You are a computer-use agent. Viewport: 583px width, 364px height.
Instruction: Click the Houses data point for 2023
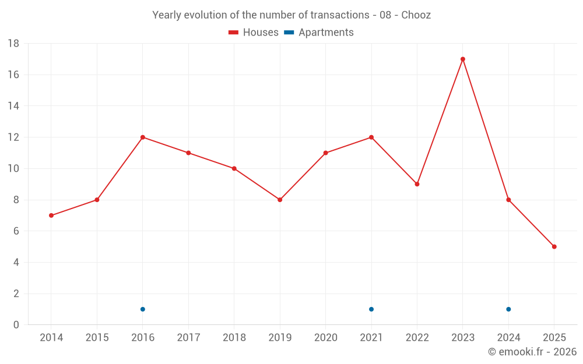point(463,59)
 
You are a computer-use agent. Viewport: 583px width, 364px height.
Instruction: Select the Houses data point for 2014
point(51,215)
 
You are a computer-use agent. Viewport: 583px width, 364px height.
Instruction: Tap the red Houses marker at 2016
point(143,137)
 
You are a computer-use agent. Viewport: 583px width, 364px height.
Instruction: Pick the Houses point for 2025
point(554,246)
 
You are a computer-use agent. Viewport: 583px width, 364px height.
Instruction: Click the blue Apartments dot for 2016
point(143,309)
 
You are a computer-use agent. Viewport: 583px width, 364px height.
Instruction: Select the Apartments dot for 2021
point(371,309)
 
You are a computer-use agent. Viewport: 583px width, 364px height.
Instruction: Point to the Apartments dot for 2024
point(508,309)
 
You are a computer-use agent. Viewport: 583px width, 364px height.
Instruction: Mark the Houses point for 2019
point(280,200)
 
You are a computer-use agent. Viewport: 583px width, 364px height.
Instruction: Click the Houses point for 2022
point(417,184)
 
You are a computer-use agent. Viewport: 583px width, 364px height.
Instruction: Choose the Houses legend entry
point(254,33)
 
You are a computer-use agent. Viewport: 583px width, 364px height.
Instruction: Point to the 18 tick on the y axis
point(13,44)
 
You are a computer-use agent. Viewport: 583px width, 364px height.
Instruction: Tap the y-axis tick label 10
point(13,169)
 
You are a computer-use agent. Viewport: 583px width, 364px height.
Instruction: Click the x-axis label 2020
point(325,338)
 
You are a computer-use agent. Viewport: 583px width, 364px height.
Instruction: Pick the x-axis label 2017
point(188,338)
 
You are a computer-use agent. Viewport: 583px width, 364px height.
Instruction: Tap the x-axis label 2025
point(554,338)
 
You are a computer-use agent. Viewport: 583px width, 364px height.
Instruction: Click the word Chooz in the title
point(416,15)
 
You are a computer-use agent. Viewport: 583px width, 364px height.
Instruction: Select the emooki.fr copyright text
point(532,352)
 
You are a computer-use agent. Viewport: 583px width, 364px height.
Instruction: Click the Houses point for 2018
point(234,168)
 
